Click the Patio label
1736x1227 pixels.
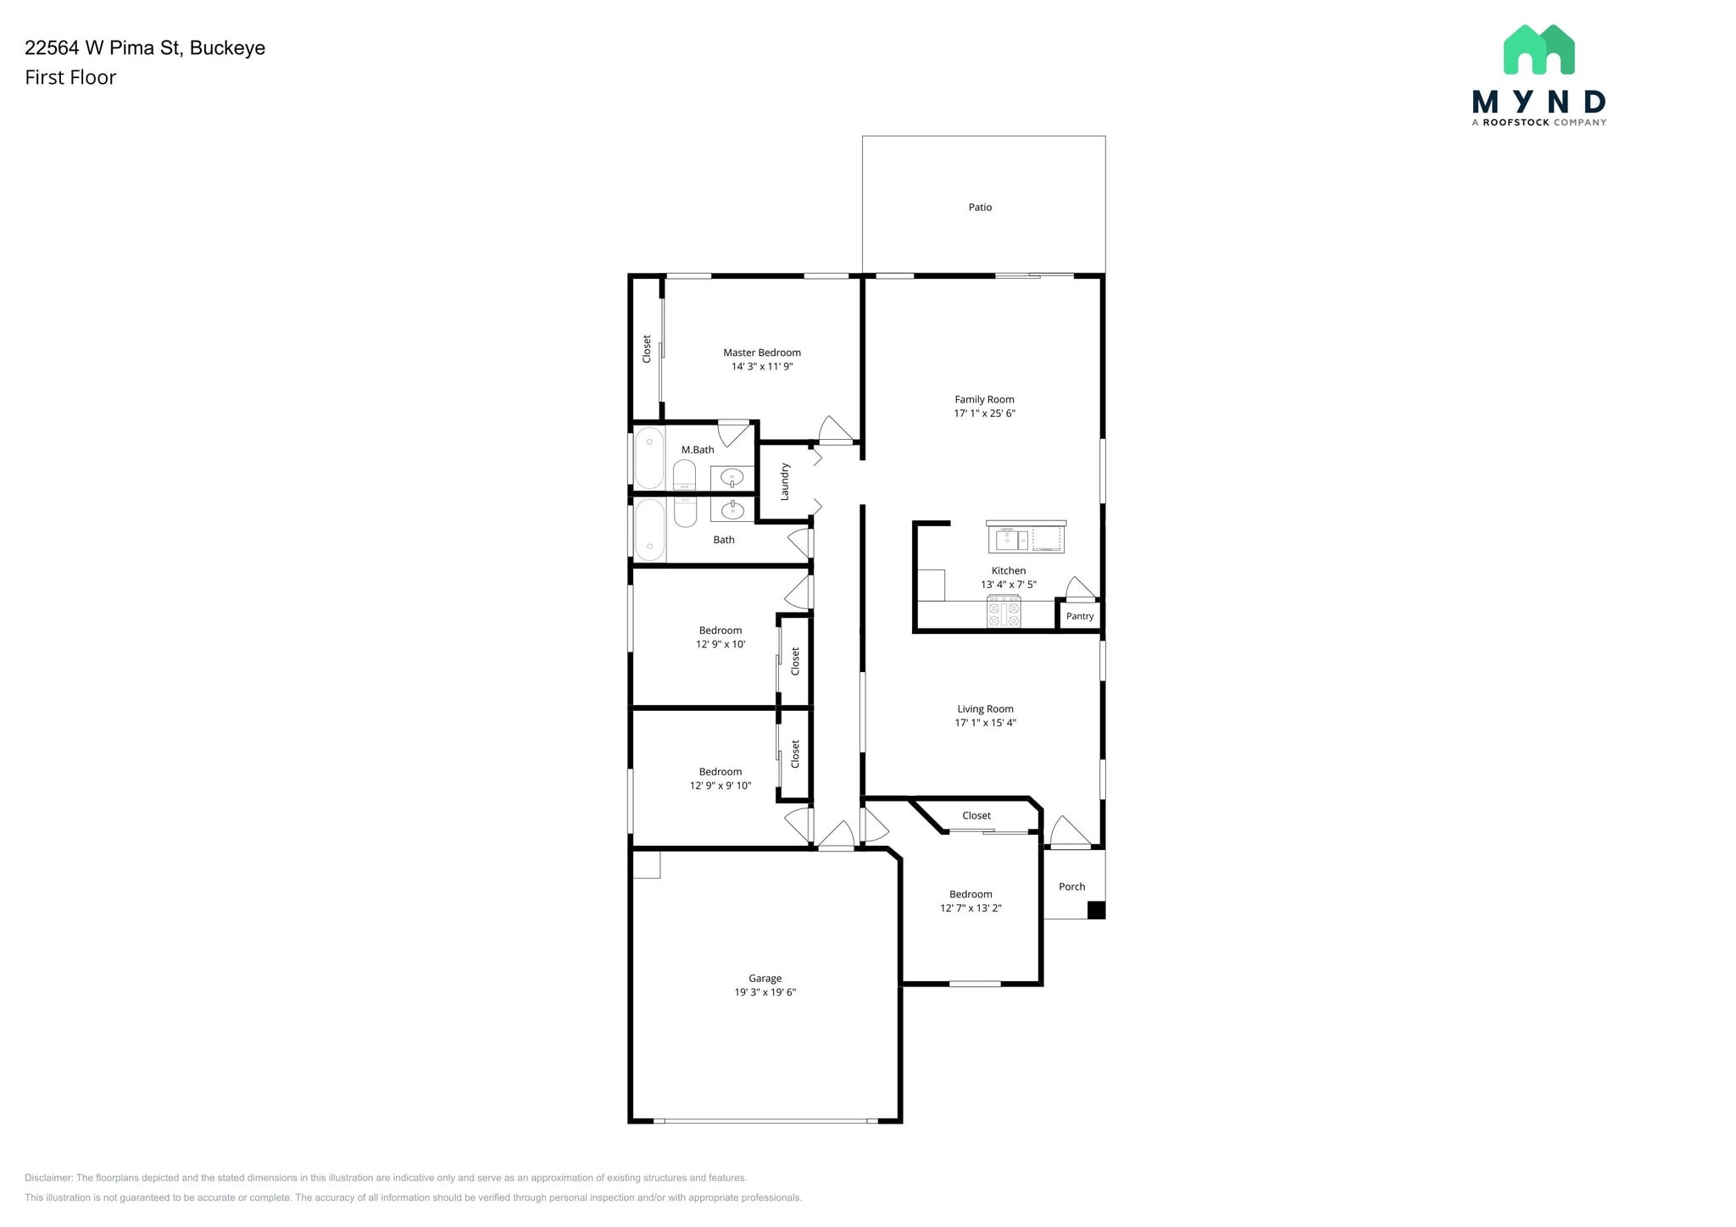click(980, 207)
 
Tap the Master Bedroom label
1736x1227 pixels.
click(762, 353)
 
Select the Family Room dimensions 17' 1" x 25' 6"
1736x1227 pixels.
click(984, 414)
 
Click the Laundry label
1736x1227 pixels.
click(785, 481)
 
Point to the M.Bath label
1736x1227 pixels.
click(698, 450)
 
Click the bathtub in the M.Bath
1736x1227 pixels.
click(649, 458)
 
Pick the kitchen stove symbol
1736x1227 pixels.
click(1004, 611)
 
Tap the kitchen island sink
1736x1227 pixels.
click(1012, 539)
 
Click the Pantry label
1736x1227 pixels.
click(1080, 616)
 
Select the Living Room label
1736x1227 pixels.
click(985, 709)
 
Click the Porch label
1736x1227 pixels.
click(1071, 886)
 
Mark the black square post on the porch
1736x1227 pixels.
click(1096, 910)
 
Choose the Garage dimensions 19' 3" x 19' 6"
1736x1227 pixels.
click(765, 992)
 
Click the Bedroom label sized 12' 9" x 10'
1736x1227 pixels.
click(721, 630)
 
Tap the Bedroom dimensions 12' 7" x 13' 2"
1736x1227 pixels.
click(971, 908)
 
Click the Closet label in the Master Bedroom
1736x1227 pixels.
click(647, 349)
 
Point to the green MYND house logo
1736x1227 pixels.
click(1538, 49)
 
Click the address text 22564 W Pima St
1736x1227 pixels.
click(103, 47)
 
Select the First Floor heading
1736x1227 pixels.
click(70, 77)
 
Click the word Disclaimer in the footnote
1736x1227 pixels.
click(48, 1178)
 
